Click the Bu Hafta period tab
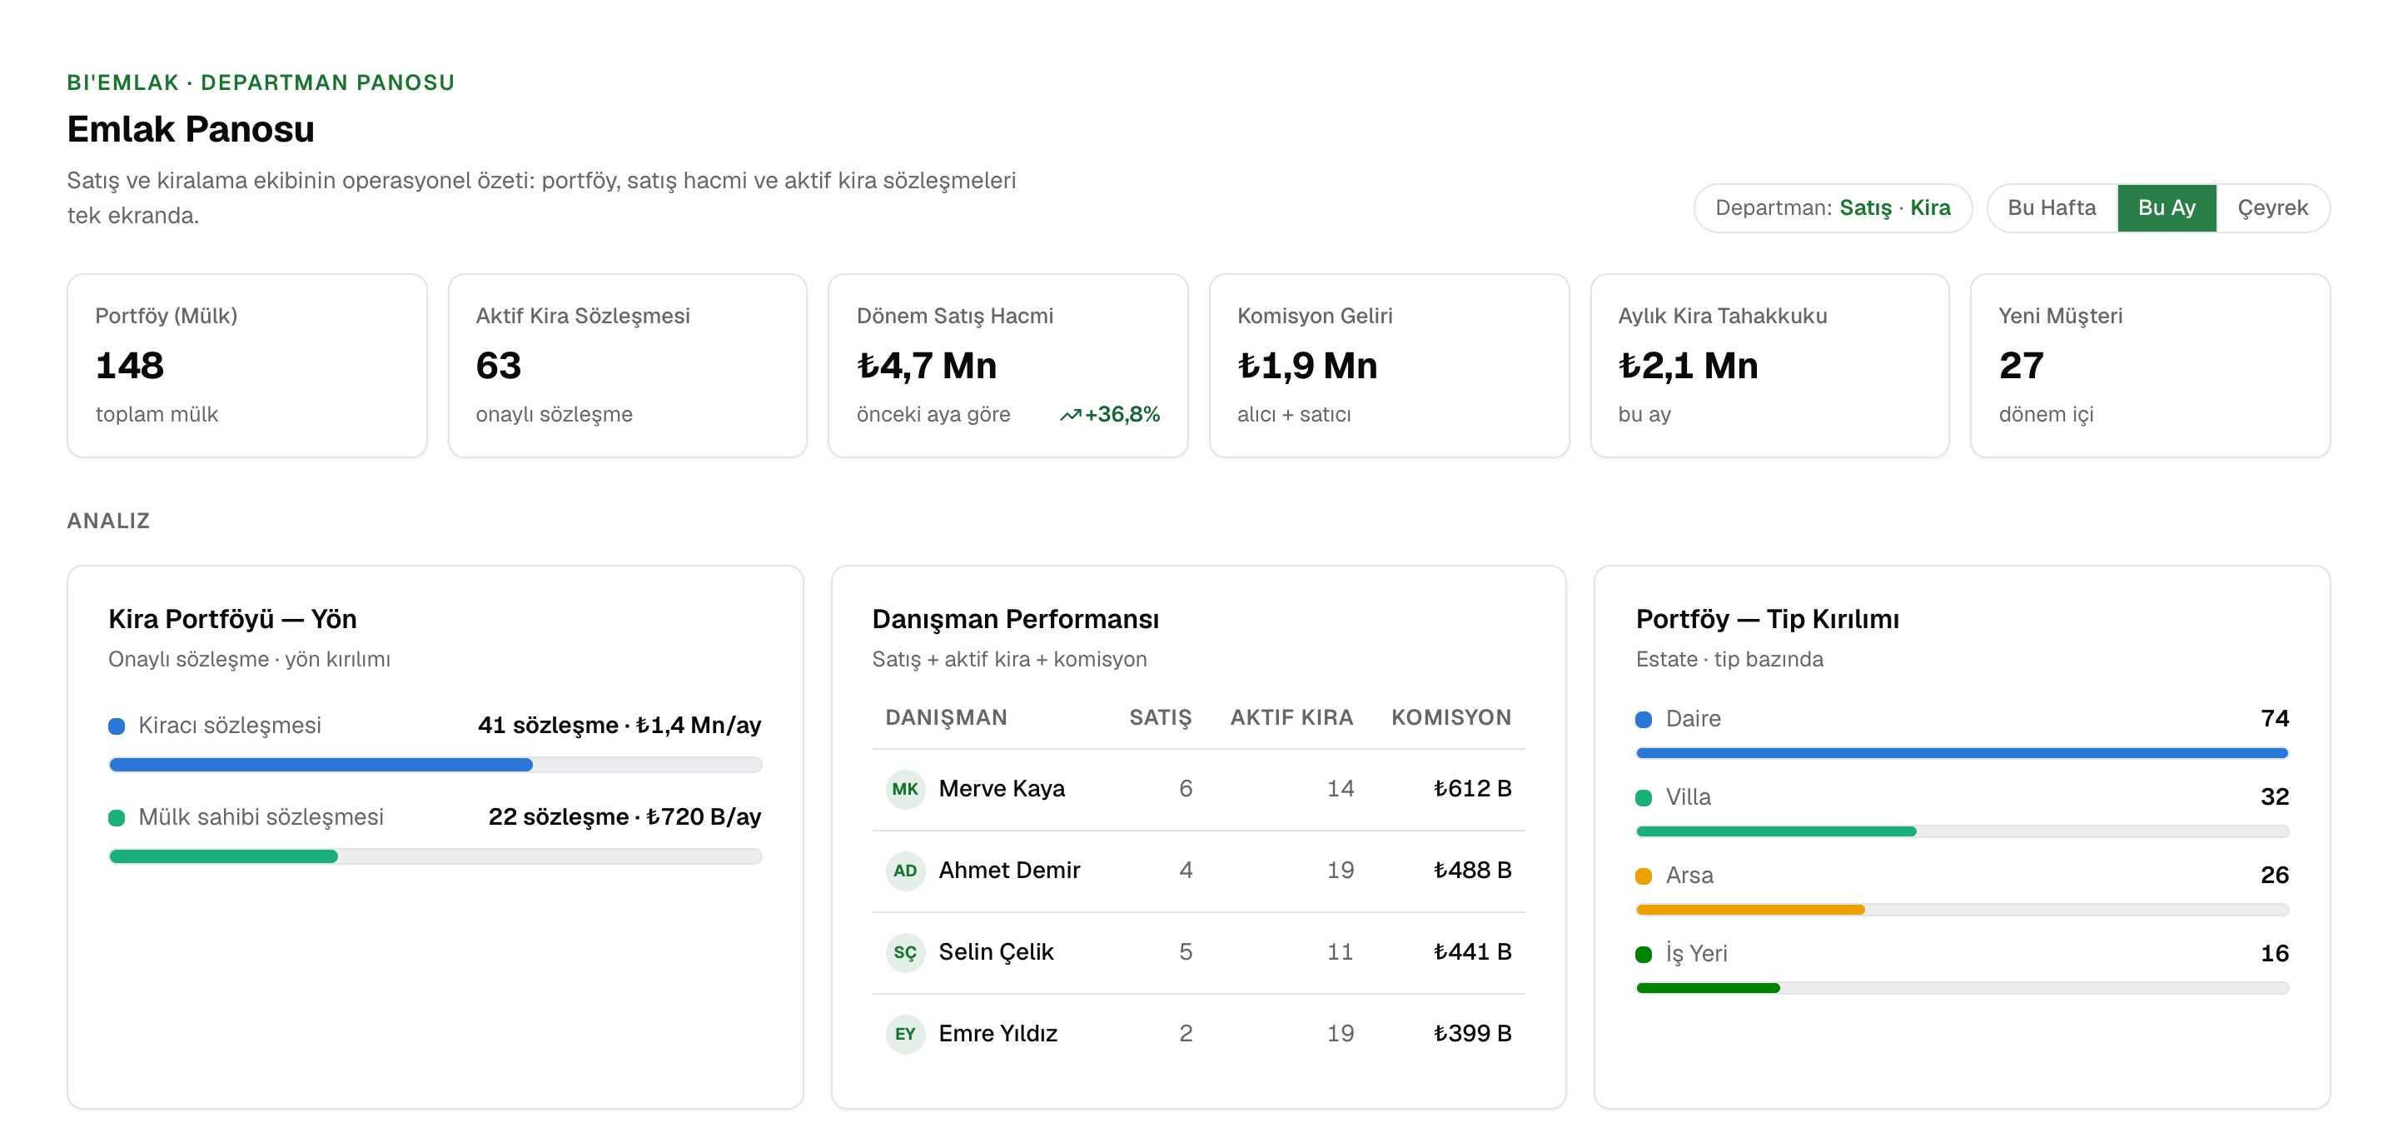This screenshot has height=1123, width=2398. click(2052, 207)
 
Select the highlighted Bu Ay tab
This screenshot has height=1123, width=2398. click(2167, 207)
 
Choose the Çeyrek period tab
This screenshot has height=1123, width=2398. click(2272, 207)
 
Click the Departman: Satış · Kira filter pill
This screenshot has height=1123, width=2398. click(1832, 207)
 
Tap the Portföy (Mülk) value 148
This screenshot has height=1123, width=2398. click(129, 365)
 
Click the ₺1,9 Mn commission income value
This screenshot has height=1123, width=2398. click(1307, 365)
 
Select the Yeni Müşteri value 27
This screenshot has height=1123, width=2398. click(2021, 365)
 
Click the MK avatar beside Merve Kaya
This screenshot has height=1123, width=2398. click(905, 789)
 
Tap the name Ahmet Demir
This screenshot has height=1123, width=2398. click(1009, 870)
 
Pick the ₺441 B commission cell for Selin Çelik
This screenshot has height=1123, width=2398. click(1472, 951)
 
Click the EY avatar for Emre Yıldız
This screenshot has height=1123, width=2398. click(905, 1034)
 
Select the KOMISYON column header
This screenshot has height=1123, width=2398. click(1450, 717)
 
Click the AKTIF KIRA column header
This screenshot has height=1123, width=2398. click(1291, 717)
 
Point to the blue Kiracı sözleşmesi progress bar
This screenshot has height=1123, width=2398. click(321, 765)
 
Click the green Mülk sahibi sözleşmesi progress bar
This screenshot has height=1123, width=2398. click(223, 856)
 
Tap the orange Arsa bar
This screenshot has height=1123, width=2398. click(1750, 910)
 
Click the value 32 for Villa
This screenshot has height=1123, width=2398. click(2274, 796)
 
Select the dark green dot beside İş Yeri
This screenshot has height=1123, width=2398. click(1643, 954)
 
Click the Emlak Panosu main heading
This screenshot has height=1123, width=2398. click(191, 129)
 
